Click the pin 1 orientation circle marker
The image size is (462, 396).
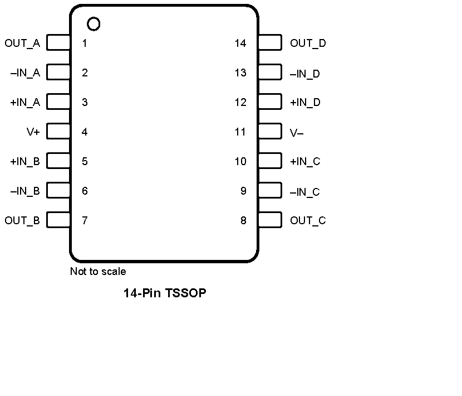(x=94, y=24)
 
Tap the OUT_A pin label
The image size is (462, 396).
(x=22, y=43)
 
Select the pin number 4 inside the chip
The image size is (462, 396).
(x=85, y=132)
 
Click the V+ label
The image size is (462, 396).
(x=33, y=132)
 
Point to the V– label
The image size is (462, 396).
(x=297, y=133)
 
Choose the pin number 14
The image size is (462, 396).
(x=240, y=43)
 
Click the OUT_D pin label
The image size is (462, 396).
(x=308, y=43)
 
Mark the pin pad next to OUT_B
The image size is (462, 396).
(x=58, y=220)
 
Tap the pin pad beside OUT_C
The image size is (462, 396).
(x=270, y=220)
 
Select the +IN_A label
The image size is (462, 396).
(x=25, y=103)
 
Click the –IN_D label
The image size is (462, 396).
(x=305, y=74)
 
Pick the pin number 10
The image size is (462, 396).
(x=240, y=162)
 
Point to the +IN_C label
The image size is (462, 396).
(x=305, y=162)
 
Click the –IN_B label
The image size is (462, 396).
(x=25, y=191)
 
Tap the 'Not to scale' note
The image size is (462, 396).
(x=98, y=272)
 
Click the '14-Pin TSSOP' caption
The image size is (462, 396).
(x=165, y=293)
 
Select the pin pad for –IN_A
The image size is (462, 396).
(x=58, y=73)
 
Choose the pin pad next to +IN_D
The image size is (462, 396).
(x=270, y=102)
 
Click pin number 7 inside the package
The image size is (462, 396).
(x=85, y=220)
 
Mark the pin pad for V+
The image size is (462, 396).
(x=58, y=132)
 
